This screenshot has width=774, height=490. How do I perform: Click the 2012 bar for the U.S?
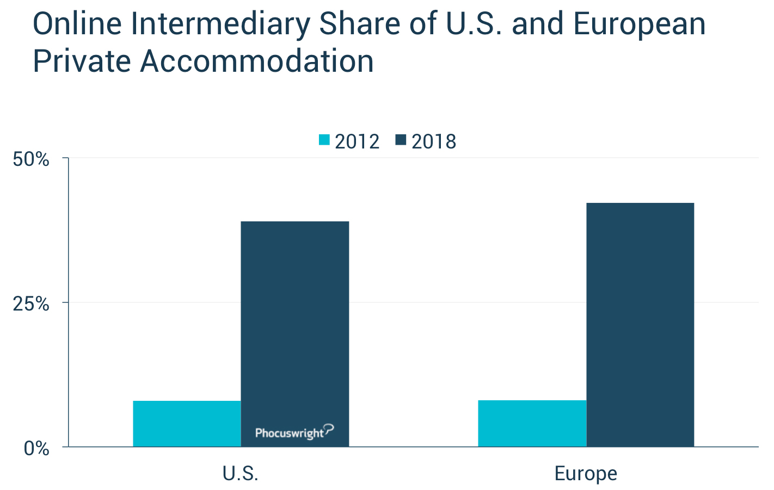187,424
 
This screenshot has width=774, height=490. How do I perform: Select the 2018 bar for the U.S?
294,326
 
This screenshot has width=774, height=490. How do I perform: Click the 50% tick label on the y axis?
31,159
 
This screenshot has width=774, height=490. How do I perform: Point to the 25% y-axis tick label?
31,304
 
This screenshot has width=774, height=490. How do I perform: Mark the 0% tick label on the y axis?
36,449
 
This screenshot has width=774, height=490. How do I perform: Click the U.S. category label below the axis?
241,474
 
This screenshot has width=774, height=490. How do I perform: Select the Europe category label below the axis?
586,474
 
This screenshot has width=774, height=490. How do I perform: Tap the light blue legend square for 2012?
324,140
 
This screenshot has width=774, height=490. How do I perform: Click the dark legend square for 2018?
401,140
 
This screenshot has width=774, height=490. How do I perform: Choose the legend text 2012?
357,141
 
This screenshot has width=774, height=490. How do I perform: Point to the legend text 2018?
434,141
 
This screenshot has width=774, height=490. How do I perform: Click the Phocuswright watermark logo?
294,432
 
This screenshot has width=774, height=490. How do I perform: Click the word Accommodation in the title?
257,61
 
